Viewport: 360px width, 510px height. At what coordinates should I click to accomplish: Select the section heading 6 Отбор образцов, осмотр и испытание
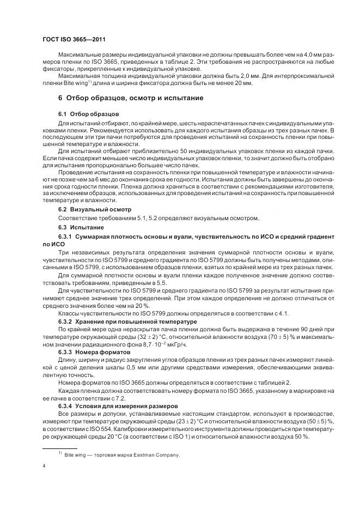click(131, 98)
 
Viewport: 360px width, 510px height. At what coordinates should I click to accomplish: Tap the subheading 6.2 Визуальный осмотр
click(92, 209)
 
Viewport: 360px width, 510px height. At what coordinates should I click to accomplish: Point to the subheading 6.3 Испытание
click(80, 227)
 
